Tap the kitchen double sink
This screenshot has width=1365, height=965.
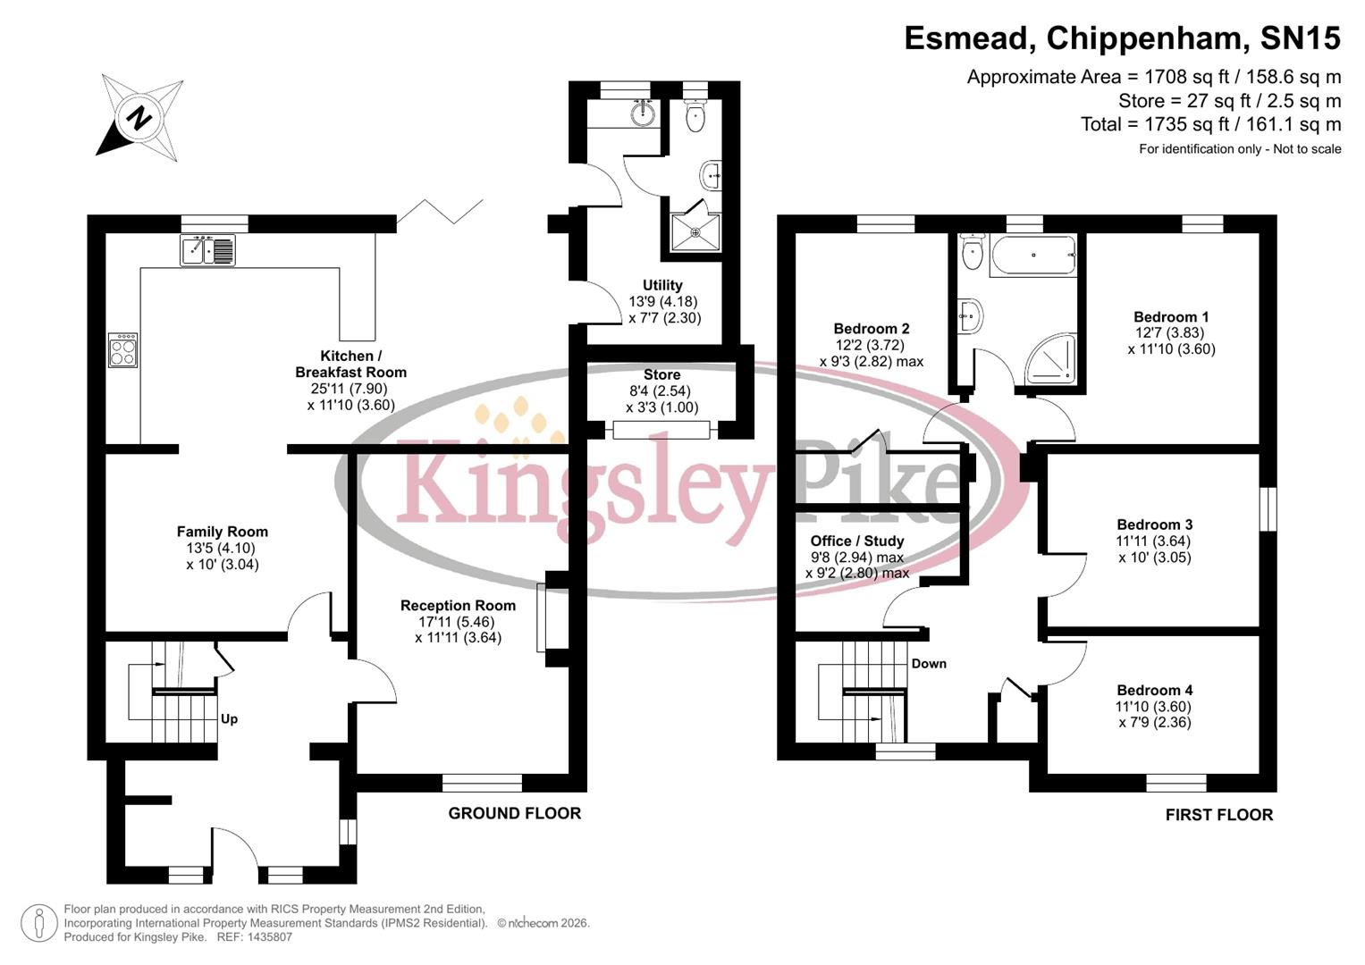coord(207,250)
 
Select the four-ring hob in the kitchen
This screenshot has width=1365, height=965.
coord(122,349)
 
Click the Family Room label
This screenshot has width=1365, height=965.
coord(222,532)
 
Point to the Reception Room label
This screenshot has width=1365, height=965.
coord(458,606)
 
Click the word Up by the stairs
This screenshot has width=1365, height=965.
coord(229,719)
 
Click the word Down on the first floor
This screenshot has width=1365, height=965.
coord(929,664)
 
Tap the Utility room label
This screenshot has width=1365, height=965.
coord(662,286)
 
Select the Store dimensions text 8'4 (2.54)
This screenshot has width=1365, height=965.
coord(661,391)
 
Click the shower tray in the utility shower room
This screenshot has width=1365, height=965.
coord(695,232)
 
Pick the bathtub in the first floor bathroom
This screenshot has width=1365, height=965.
coord(1032,256)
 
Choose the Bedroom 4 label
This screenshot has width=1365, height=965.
coord(1154,691)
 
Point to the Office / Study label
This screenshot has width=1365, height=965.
coord(856,541)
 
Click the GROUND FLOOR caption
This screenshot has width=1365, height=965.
coord(514,813)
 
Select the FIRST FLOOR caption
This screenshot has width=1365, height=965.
coord(1218,815)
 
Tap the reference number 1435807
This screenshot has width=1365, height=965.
coord(263,937)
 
